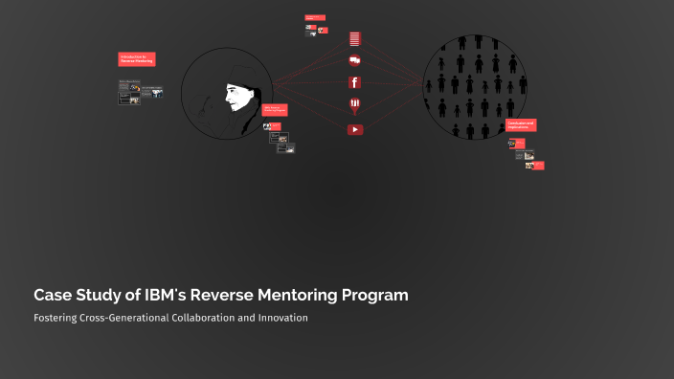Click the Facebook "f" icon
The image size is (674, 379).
tap(354, 81)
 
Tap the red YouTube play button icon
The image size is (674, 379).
tap(355, 129)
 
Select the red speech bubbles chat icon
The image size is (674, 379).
tap(355, 59)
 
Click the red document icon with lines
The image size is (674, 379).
tap(354, 39)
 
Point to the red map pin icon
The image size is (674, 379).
tap(354, 104)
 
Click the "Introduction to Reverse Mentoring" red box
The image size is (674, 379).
tap(136, 59)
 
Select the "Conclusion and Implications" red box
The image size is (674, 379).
tap(522, 125)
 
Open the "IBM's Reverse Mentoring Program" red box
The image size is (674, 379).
tap(275, 110)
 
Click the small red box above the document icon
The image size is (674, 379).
tap(315, 17)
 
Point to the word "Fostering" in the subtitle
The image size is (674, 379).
tap(58, 318)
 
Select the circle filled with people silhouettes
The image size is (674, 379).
tap(476, 88)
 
